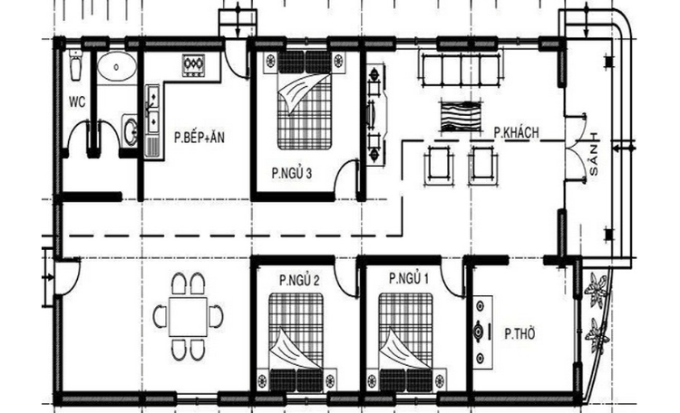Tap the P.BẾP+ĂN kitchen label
[198, 138]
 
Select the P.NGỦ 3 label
[291, 173]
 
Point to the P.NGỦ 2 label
[299, 280]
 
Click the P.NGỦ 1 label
[408, 280]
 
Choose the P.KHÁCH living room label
[516, 132]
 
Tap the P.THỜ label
[520, 333]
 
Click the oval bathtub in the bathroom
[116, 66]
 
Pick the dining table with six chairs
[189, 316]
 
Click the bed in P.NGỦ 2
[296, 340]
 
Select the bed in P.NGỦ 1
[404, 340]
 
